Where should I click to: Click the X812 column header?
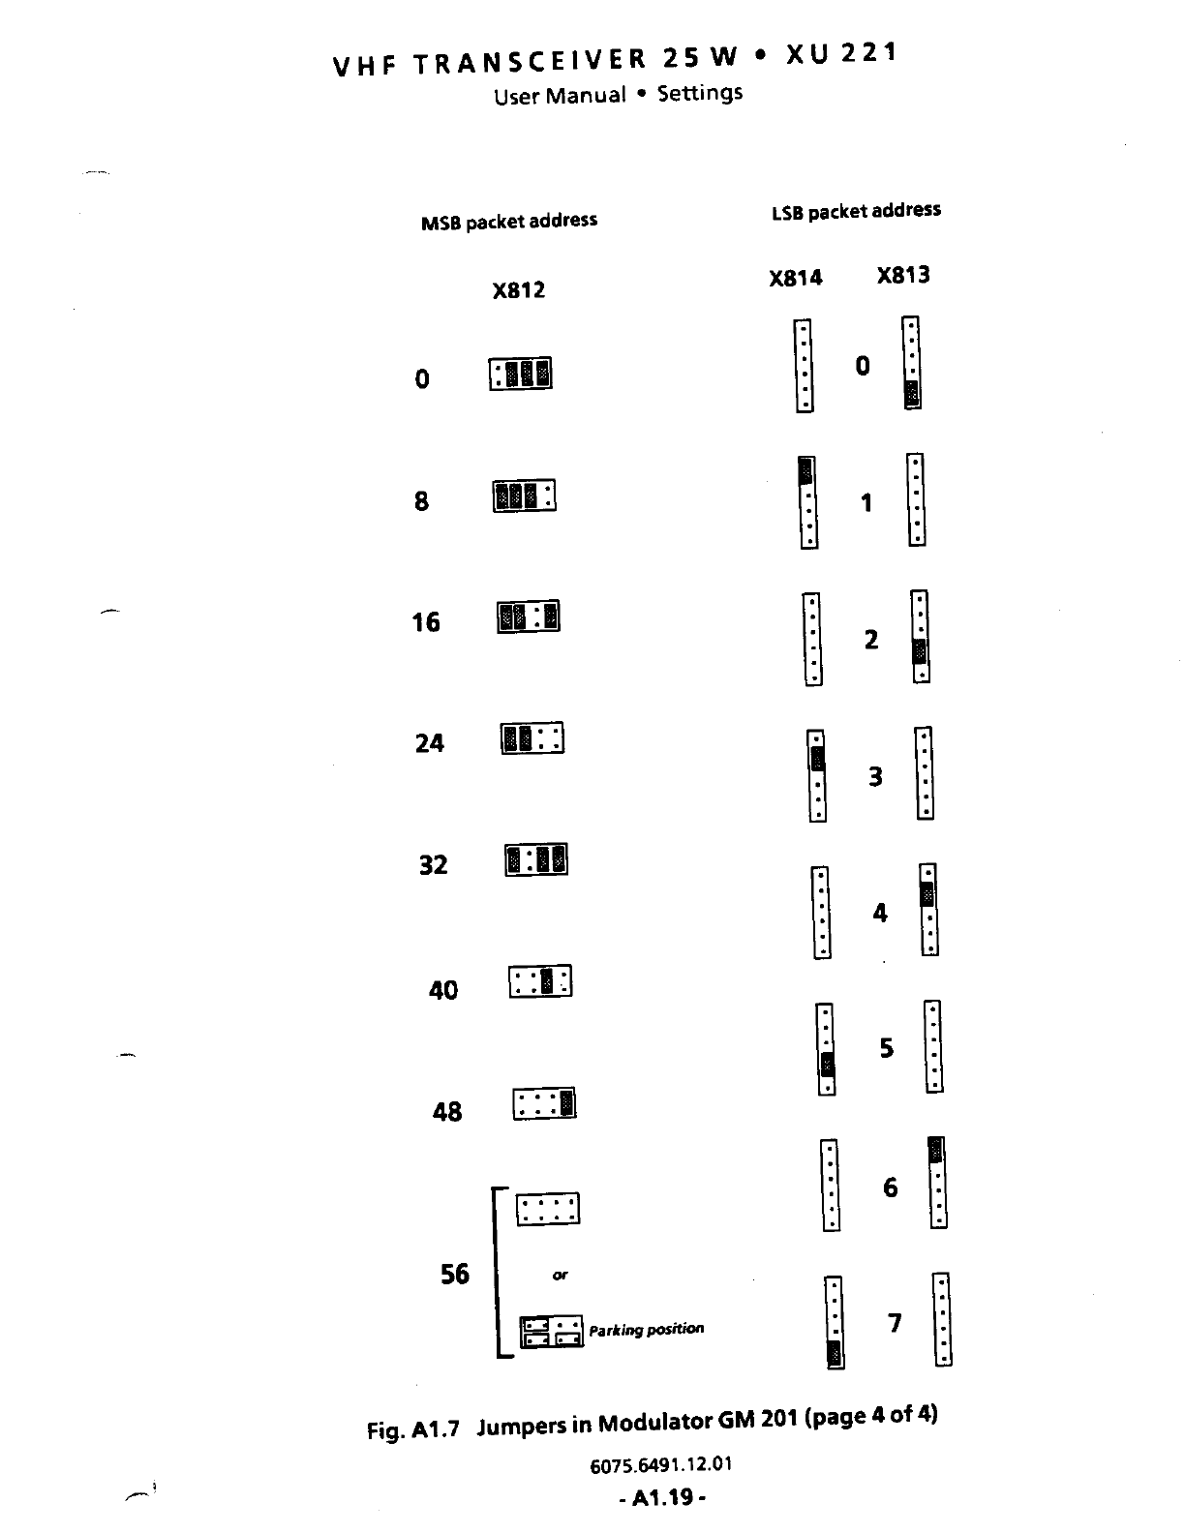pos(518,290)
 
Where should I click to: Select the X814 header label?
pos(795,279)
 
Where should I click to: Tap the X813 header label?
pos(902,276)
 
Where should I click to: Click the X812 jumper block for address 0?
pos(521,374)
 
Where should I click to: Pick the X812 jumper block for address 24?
pos(532,739)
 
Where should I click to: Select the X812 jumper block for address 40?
pos(540,982)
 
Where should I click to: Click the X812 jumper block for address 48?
pos(544,1104)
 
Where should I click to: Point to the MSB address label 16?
pos(426,622)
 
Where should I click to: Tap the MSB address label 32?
pos(433,864)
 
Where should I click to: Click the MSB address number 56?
pos(454,1274)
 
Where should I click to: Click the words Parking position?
pos(646,1330)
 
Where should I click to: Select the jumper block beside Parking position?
pos(552,1332)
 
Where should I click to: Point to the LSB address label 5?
pos(886,1049)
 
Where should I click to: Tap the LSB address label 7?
pos(895,1322)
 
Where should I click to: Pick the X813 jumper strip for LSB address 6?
pos(937,1183)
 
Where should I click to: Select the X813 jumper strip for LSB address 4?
pos(928,910)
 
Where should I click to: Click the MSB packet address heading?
pos(508,222)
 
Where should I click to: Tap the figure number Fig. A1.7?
pos(412,1429)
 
